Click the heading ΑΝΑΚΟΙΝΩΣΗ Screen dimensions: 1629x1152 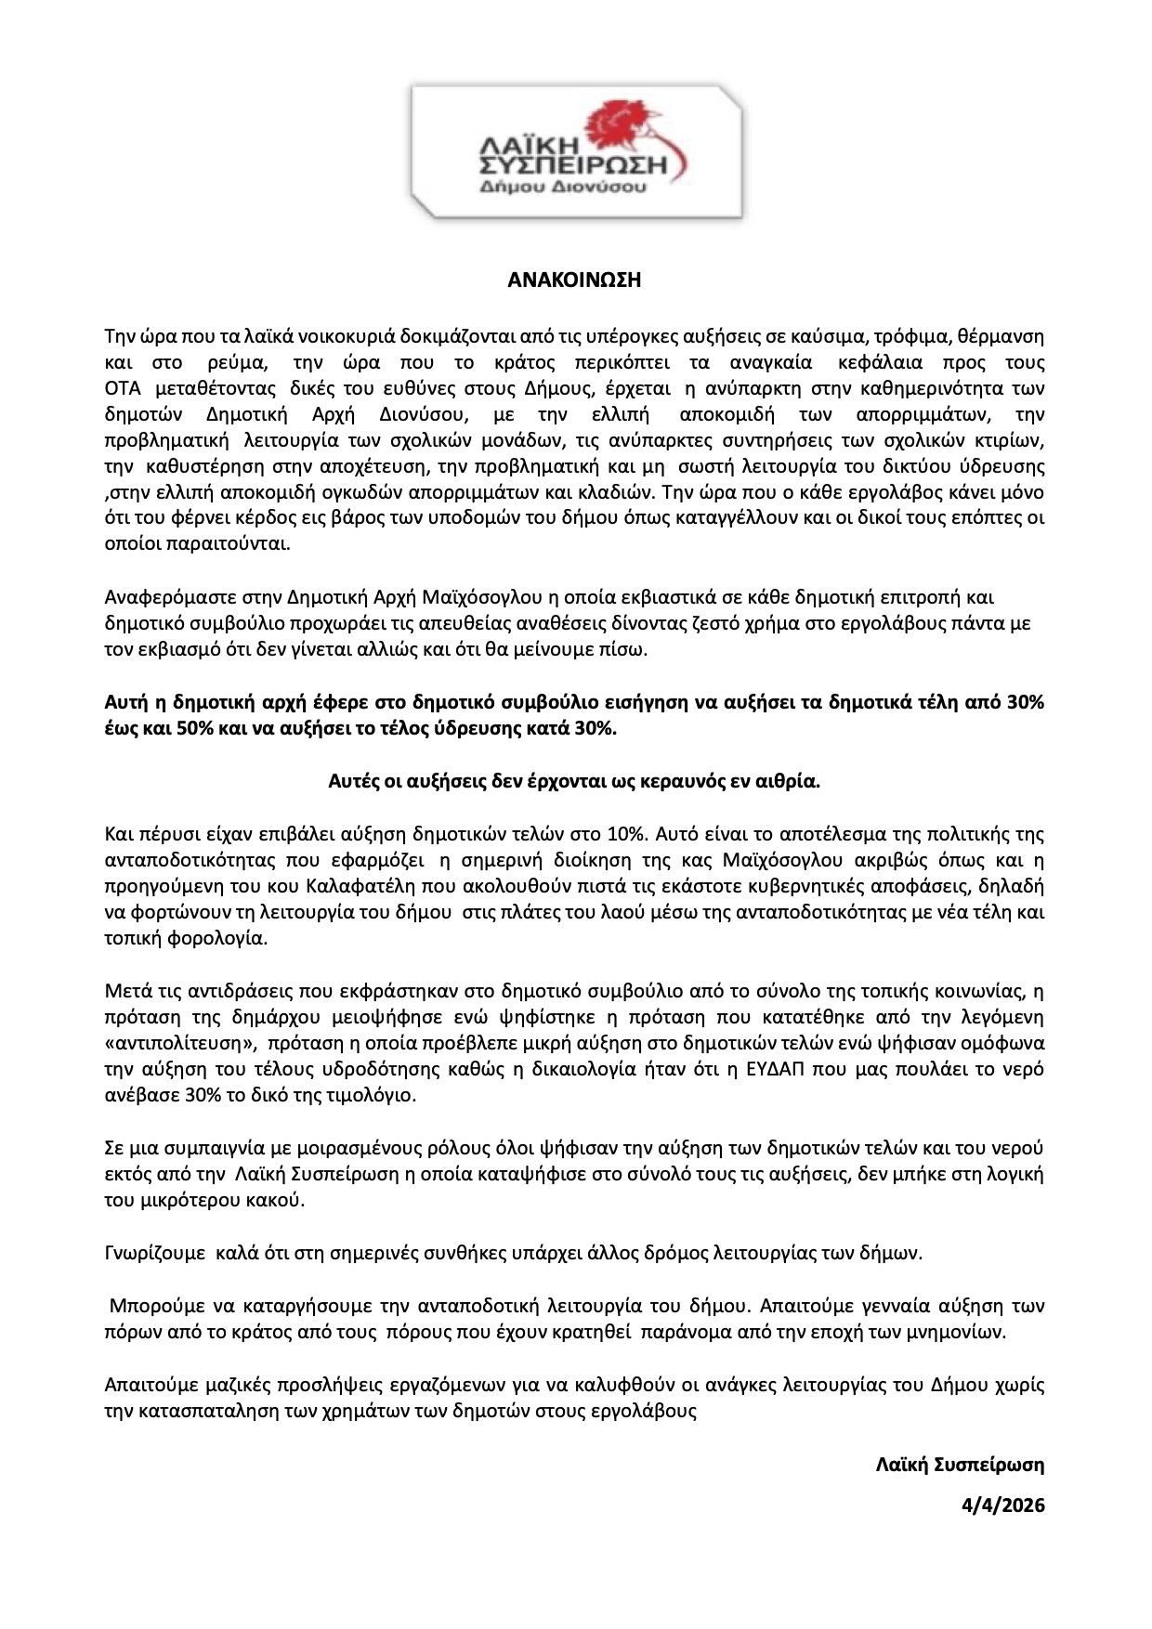575,280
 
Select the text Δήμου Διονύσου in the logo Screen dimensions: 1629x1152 577,186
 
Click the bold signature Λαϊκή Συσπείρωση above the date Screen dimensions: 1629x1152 960,1465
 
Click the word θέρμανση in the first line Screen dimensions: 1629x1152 1011,335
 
